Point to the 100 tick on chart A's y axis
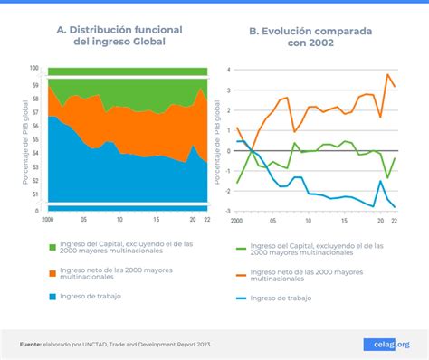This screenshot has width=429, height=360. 33,69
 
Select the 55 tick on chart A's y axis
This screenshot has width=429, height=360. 34,141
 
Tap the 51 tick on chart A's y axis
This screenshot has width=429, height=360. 34,194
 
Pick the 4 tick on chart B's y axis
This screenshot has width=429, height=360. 229,69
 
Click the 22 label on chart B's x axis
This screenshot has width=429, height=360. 394,220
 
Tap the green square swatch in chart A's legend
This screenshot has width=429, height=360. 52,244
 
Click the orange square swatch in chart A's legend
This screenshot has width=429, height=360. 52,270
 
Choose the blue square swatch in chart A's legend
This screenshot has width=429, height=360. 52,296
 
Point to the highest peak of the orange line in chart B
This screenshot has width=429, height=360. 387,75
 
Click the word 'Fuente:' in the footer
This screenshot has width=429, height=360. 33,344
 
